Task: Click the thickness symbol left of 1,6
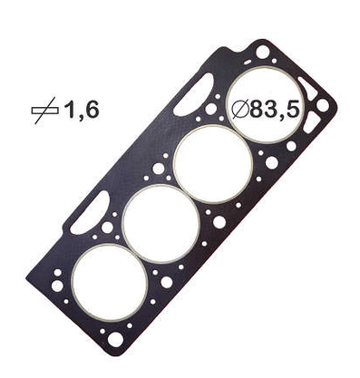pyautogui.click(x=44, y=111)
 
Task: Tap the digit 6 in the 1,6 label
pyautogui.click(x=91, y=110)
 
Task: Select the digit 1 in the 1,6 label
pyautogui.click(x=70, y=110)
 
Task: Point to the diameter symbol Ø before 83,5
pyautogui.click(x=240, y=110)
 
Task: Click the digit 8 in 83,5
pyautogui.click(x=258, y=110)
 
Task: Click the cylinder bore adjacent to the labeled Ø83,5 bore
pyautogui.click(x=213, y=164)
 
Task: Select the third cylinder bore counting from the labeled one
pyautogui.click(x=161, y=223)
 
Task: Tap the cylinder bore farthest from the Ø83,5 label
pyautogui.click(x=110, y=283)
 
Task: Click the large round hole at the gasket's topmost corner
pyautogui.click(x=262, y=52)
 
